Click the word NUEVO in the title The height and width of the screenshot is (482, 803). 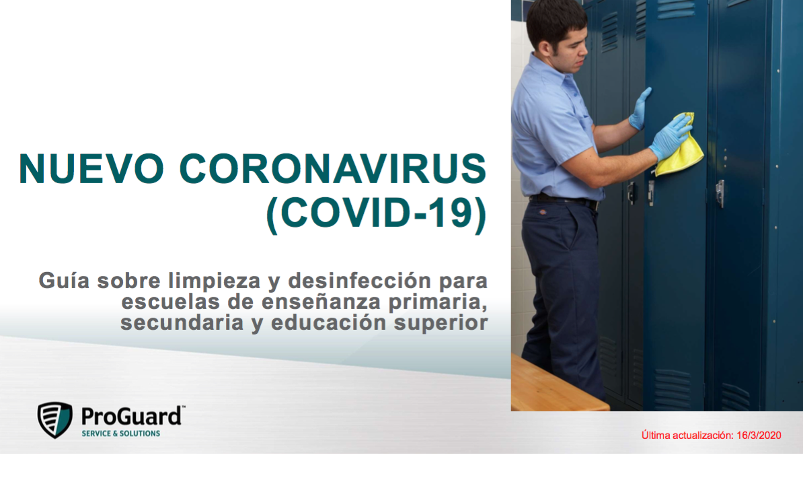click(x=92, y=169)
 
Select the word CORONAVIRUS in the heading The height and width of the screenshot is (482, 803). click(x=333, y=169)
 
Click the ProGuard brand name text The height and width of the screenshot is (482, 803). click(x=130, y=416)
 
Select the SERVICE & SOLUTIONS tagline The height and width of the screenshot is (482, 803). click(x=120, y=434)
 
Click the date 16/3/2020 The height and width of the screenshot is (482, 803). click(x=759, y=436)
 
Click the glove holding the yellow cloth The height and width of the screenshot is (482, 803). click(x=670, y=136)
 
